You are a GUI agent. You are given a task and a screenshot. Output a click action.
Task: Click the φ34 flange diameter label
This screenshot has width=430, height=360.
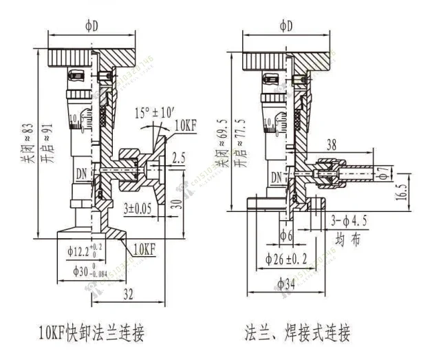[286, 283]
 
